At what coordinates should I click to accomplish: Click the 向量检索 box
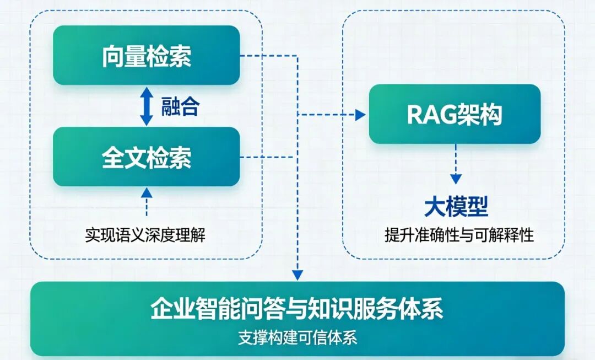146,55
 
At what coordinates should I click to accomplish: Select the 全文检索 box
146,157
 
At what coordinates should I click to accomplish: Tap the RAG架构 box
455,114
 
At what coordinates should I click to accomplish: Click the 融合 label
180,106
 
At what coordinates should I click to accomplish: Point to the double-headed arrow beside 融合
147,106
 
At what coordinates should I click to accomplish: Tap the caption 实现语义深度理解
145,235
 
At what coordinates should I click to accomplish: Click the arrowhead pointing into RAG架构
360,115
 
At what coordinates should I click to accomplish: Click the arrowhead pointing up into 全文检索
147,192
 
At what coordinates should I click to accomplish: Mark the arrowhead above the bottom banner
297,274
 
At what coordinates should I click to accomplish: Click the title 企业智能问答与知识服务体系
297,309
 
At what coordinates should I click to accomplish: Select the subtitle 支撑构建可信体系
297,337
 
